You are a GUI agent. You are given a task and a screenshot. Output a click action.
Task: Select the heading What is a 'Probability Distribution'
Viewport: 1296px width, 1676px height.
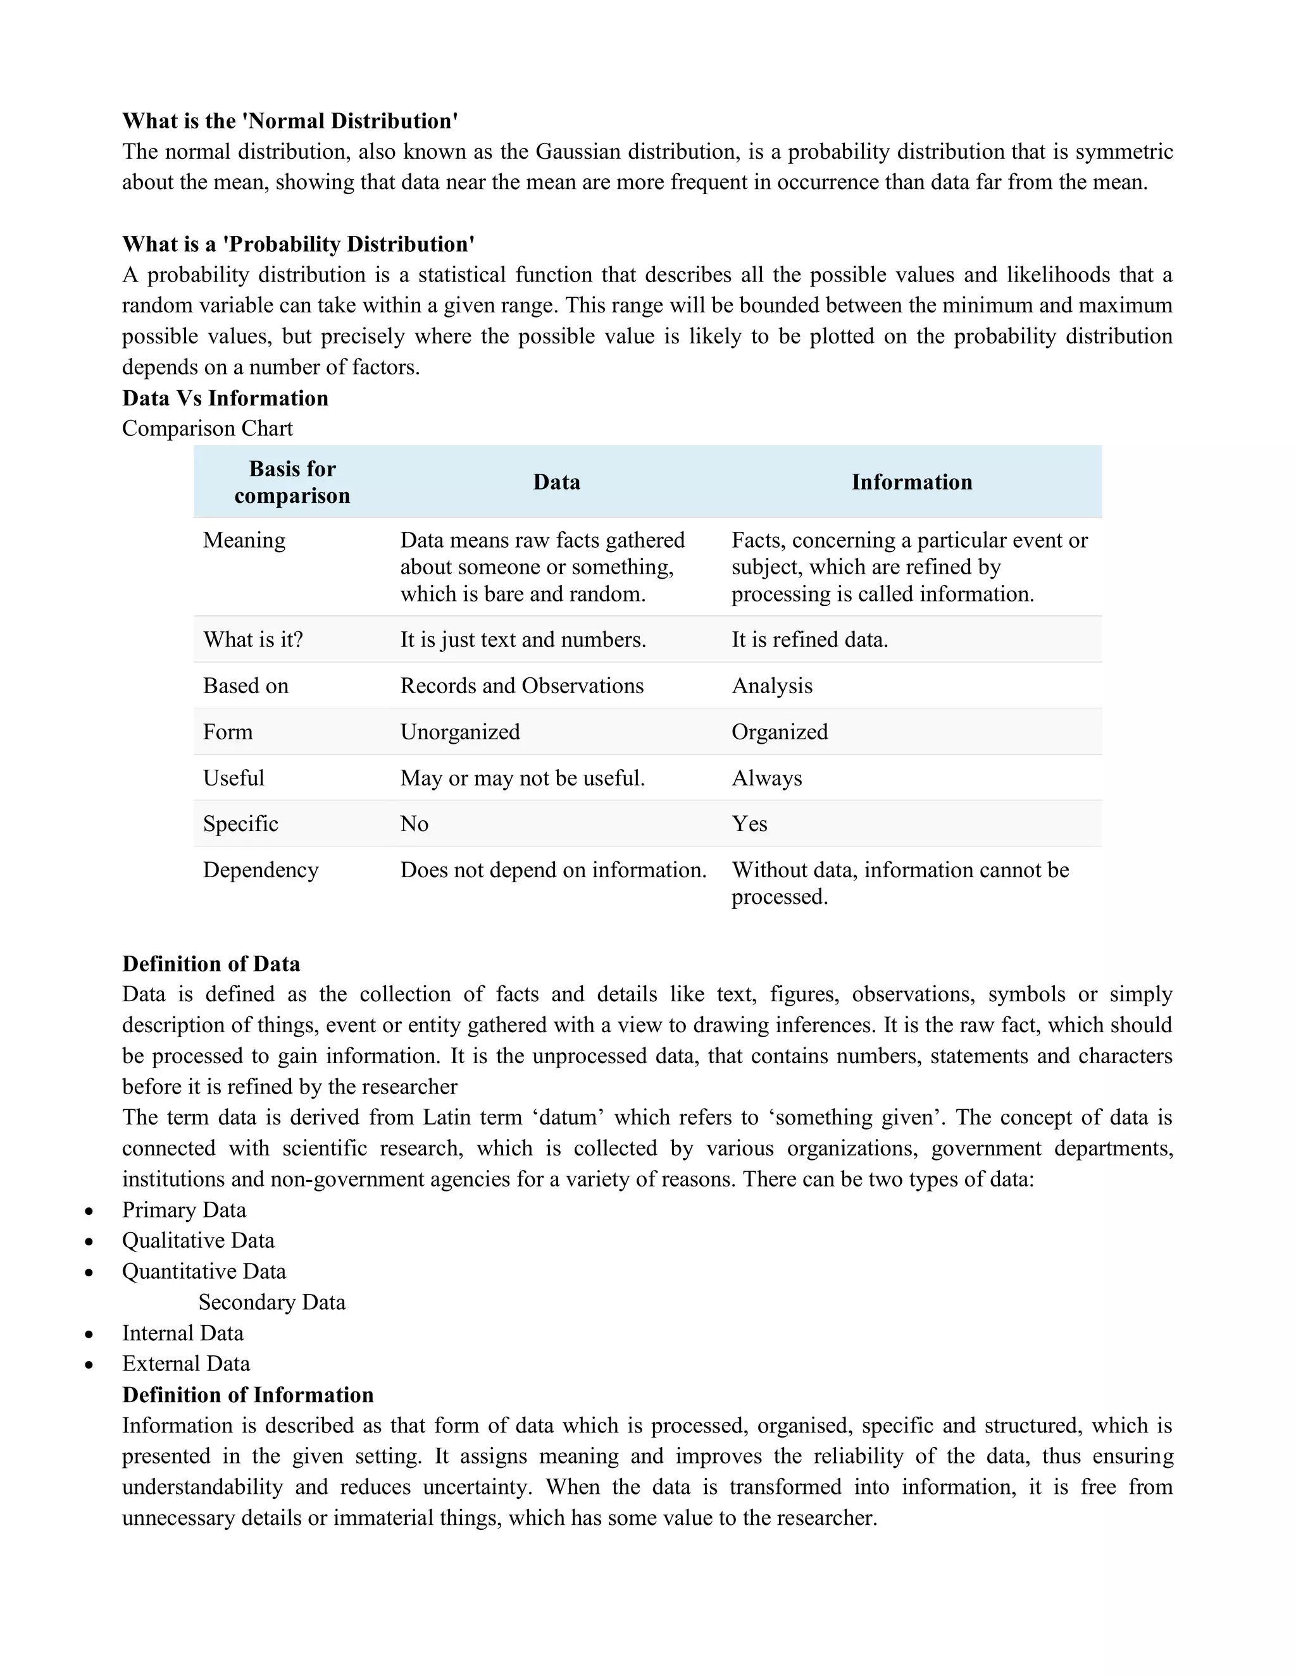coord(298,244)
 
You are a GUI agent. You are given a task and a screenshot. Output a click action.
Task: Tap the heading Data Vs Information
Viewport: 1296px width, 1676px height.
coord(225,398)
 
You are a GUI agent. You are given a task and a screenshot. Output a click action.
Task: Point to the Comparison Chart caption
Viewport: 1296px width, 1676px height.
coord(208,428)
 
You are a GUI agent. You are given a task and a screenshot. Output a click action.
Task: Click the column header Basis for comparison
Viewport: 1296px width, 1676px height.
coord(292,482)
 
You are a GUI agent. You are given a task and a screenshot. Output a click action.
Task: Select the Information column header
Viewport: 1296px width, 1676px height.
coord(911,482)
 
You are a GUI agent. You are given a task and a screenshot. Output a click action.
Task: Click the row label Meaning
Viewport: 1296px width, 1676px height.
coord(244,540)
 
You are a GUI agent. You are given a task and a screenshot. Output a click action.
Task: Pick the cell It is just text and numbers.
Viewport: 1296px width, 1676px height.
coord(522,639)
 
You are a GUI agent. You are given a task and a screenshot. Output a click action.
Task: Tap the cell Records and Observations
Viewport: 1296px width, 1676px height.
coord(521,686)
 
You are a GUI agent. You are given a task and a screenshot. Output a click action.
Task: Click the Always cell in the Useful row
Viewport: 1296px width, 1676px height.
coord(766,778)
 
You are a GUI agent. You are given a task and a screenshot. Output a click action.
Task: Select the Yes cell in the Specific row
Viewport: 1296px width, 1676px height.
coord(749,823)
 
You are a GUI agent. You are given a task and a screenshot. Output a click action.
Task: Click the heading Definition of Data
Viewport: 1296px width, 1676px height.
coord(211,964)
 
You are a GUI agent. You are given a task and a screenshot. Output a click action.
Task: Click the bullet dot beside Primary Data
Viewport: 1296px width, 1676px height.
coord(89,1211)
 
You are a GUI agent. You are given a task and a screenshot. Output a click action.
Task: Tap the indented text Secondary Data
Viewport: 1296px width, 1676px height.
coord(271,1302)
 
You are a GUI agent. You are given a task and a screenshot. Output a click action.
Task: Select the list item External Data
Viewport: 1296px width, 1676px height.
coord(186,1364)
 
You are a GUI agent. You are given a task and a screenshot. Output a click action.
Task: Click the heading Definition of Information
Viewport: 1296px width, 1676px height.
coord(247,1395)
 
